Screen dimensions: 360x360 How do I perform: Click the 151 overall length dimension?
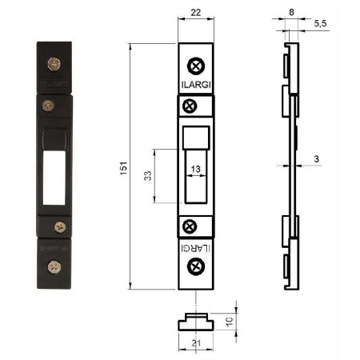pos(124,168)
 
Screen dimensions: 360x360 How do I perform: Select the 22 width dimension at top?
pos(196,12)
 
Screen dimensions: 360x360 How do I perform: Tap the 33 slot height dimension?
pos(148,176)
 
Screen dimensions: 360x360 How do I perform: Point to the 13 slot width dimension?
pos(195,169)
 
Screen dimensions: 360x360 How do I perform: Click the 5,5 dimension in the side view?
pos(320,23)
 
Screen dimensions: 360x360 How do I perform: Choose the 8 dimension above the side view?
pos(291,12)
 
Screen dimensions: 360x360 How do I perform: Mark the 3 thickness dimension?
pos(316,159)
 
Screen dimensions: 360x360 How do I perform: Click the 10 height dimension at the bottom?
pos(230,322)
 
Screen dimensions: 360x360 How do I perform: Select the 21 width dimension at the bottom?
pos(196,343)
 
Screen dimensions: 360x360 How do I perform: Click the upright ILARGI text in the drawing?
pos(196,85)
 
